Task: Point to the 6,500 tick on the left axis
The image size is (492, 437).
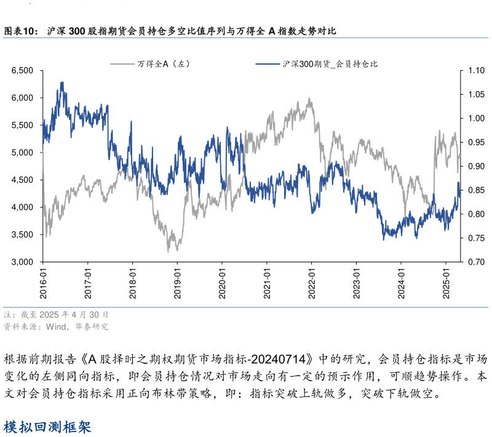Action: click(22, 71)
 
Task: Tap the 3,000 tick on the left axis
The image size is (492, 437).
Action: click(22, 262)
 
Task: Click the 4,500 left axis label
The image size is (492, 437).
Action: click(22, 180)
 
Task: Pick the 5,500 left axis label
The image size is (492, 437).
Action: click(22, 126)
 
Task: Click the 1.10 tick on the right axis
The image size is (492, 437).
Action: click(476, 71)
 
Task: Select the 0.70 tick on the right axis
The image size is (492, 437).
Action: click(476, 262)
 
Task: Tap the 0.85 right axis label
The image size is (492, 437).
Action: click(476, 190)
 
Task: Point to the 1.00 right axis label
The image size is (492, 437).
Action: click(476, 119)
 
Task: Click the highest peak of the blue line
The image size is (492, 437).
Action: click(62, 82)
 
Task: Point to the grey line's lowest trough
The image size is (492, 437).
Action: click(169, 251)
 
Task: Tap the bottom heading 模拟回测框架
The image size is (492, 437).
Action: click(47, 427)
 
